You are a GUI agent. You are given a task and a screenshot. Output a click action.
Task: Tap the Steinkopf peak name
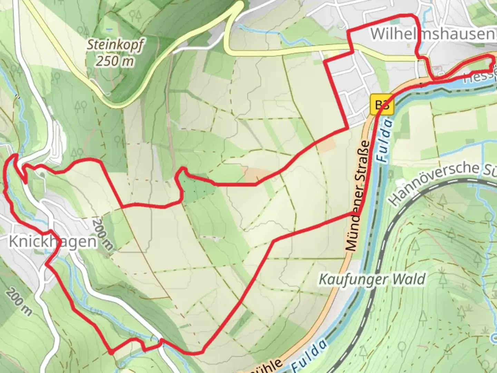click(115, 45)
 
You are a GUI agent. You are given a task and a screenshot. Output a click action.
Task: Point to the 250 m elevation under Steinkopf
click(115, 61)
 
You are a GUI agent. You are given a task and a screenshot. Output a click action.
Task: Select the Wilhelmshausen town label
click(431, 34)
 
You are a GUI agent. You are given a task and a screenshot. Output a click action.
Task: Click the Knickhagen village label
click(52, 241)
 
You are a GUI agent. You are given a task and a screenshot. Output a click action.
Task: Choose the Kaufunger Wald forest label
click(372, 279)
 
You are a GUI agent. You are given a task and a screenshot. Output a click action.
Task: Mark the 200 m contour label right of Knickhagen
click(103, 234)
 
